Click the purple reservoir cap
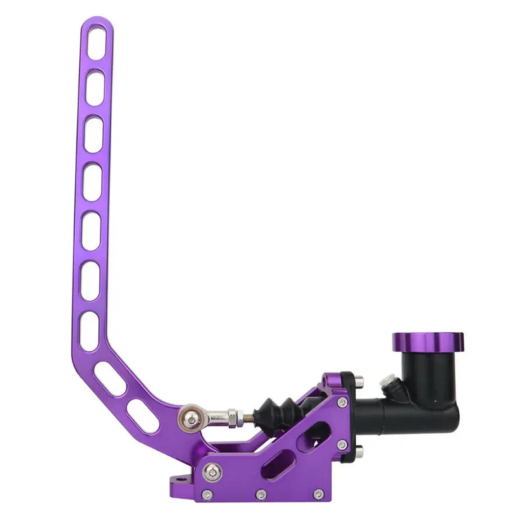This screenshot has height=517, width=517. click(x=428, y=341)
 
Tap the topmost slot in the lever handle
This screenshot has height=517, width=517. click(x=96, y=43)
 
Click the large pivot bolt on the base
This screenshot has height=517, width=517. click(x=212, y=471)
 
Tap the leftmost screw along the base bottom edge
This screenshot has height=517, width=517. click(x=207, y=495)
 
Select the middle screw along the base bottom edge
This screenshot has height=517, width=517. click(x=261, y=495)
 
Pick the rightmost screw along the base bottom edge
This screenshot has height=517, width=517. click(x=318, y=495)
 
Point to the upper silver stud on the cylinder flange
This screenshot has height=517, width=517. click(x=358, y=382)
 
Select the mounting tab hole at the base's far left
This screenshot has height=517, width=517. click(x=178, y=480)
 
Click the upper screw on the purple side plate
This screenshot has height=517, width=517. click(x=342, y=402)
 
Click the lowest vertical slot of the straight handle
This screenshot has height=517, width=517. click(x=89, y=332)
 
